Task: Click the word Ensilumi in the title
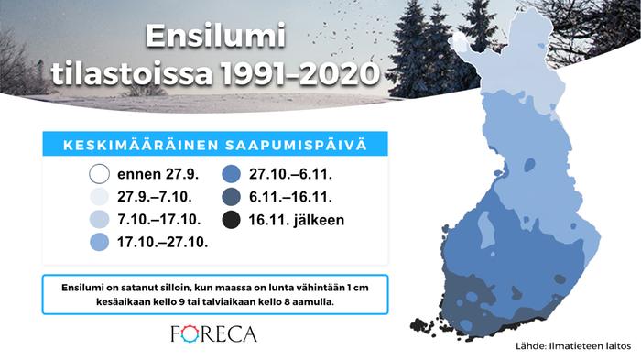coord(216,38)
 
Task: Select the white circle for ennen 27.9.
coord(99,172)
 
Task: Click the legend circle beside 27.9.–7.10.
coord(99,196)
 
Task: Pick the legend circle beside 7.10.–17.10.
coord(99,220)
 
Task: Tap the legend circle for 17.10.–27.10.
coord(99,244)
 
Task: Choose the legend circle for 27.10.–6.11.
coord(231,172)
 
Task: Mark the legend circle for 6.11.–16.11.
coord(231,196)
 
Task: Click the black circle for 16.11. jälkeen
coord(231,220)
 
